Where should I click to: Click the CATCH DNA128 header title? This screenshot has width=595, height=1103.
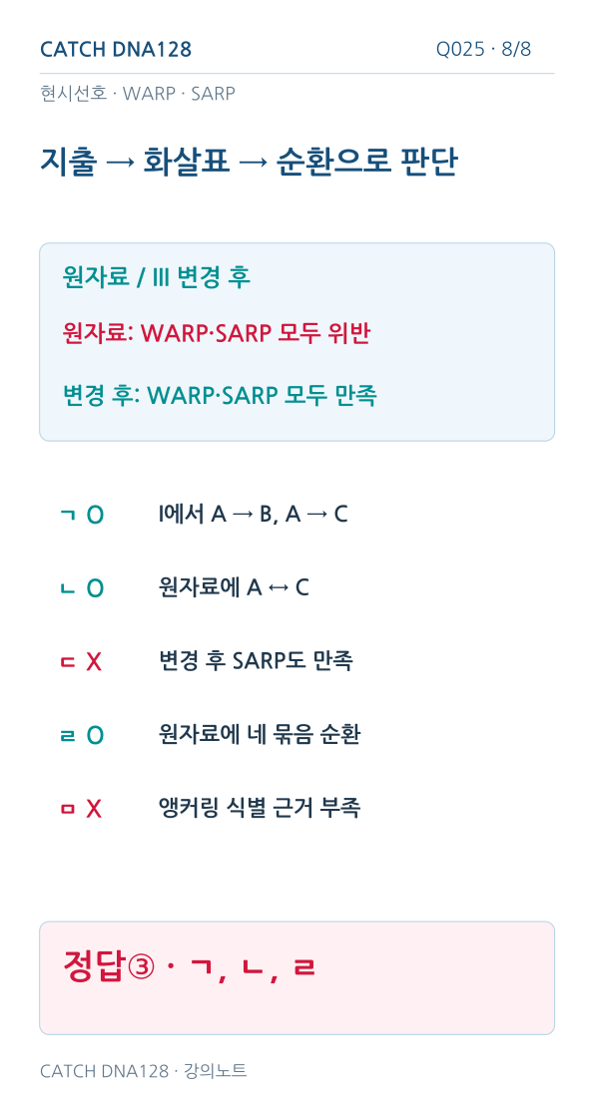point(116,49)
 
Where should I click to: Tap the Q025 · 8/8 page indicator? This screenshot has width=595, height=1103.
point(484,49)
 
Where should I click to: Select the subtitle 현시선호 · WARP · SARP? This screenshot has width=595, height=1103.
point(138,94)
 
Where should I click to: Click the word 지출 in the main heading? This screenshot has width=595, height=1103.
point(68,162)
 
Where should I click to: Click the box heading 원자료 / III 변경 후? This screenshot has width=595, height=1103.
point(157,276)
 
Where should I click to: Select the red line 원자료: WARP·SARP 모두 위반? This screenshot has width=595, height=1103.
point(217,333)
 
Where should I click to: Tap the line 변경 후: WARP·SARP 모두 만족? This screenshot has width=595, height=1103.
point(220,395)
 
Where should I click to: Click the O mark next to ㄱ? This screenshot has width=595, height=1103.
point(95,516)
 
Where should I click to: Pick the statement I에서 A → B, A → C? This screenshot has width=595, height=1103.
point(253,515)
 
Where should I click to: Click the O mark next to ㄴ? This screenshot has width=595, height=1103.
point(95,588)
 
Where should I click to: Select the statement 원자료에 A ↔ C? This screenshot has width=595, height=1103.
point(234,587)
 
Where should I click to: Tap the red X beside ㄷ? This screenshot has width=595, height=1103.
point(94,662)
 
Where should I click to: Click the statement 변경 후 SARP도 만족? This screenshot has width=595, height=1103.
point(256,660)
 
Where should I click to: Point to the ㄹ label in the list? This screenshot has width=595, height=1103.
point(68,736)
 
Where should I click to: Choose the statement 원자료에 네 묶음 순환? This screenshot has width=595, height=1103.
point(260,734)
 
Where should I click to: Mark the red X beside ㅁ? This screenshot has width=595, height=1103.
point(94,809)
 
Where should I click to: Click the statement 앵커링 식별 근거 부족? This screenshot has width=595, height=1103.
point(260,808)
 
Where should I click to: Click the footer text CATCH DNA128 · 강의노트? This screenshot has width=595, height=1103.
point(144,1071)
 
